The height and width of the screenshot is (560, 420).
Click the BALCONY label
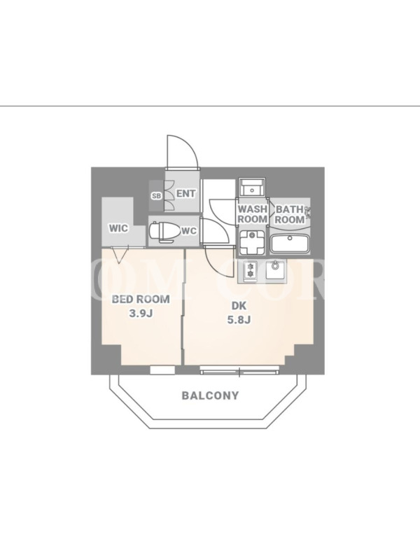tap(210, 395)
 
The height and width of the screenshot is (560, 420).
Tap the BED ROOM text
tap(141, 299)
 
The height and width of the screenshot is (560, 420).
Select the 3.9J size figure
tap(141, 313)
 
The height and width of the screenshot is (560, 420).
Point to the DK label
tap(239, 306)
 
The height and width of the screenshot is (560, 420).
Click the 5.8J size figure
tap(239, 320)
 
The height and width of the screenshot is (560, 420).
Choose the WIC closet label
tap(118, 228)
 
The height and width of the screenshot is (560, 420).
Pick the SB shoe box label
tap(157, 196)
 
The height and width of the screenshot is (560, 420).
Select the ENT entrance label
tap(185, 194)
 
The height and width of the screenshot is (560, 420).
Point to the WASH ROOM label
tap(252, 214)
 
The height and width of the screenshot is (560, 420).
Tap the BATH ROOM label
tap(289, 214)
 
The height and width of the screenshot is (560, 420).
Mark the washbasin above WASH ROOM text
tap(251, 188)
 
